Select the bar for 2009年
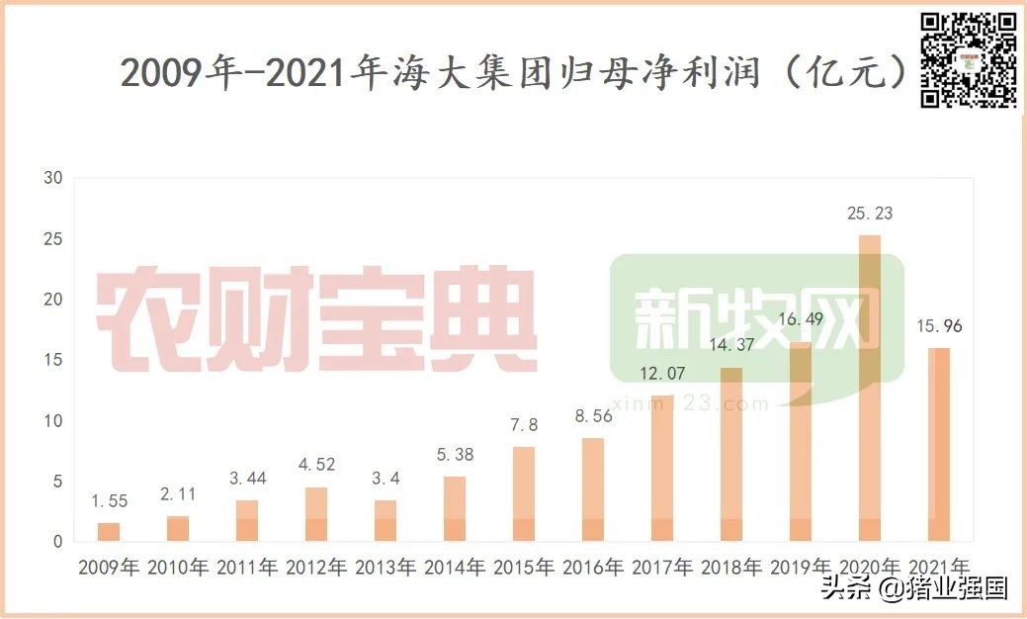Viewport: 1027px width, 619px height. (x=109, y=532)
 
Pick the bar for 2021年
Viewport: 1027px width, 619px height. (x=939, y=444)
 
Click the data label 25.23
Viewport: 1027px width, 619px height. (x=870, y=213)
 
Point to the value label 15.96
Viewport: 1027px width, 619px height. (x=939, y=325)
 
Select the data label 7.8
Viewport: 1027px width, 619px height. (x=524, y=425)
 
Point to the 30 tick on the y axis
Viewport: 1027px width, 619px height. (x=53, y=179)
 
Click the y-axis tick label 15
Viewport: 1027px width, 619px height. (x=53, y=361)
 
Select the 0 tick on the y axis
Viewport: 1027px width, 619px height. (x=58, y=542)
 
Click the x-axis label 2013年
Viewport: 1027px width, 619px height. (x=385, y=569)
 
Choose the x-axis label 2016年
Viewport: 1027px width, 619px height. (x=593, y=569)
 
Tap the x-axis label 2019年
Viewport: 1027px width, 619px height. (x=801, y=569)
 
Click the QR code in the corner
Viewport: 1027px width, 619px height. (x=969, y=59)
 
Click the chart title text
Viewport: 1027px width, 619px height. (x=514, y=73)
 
